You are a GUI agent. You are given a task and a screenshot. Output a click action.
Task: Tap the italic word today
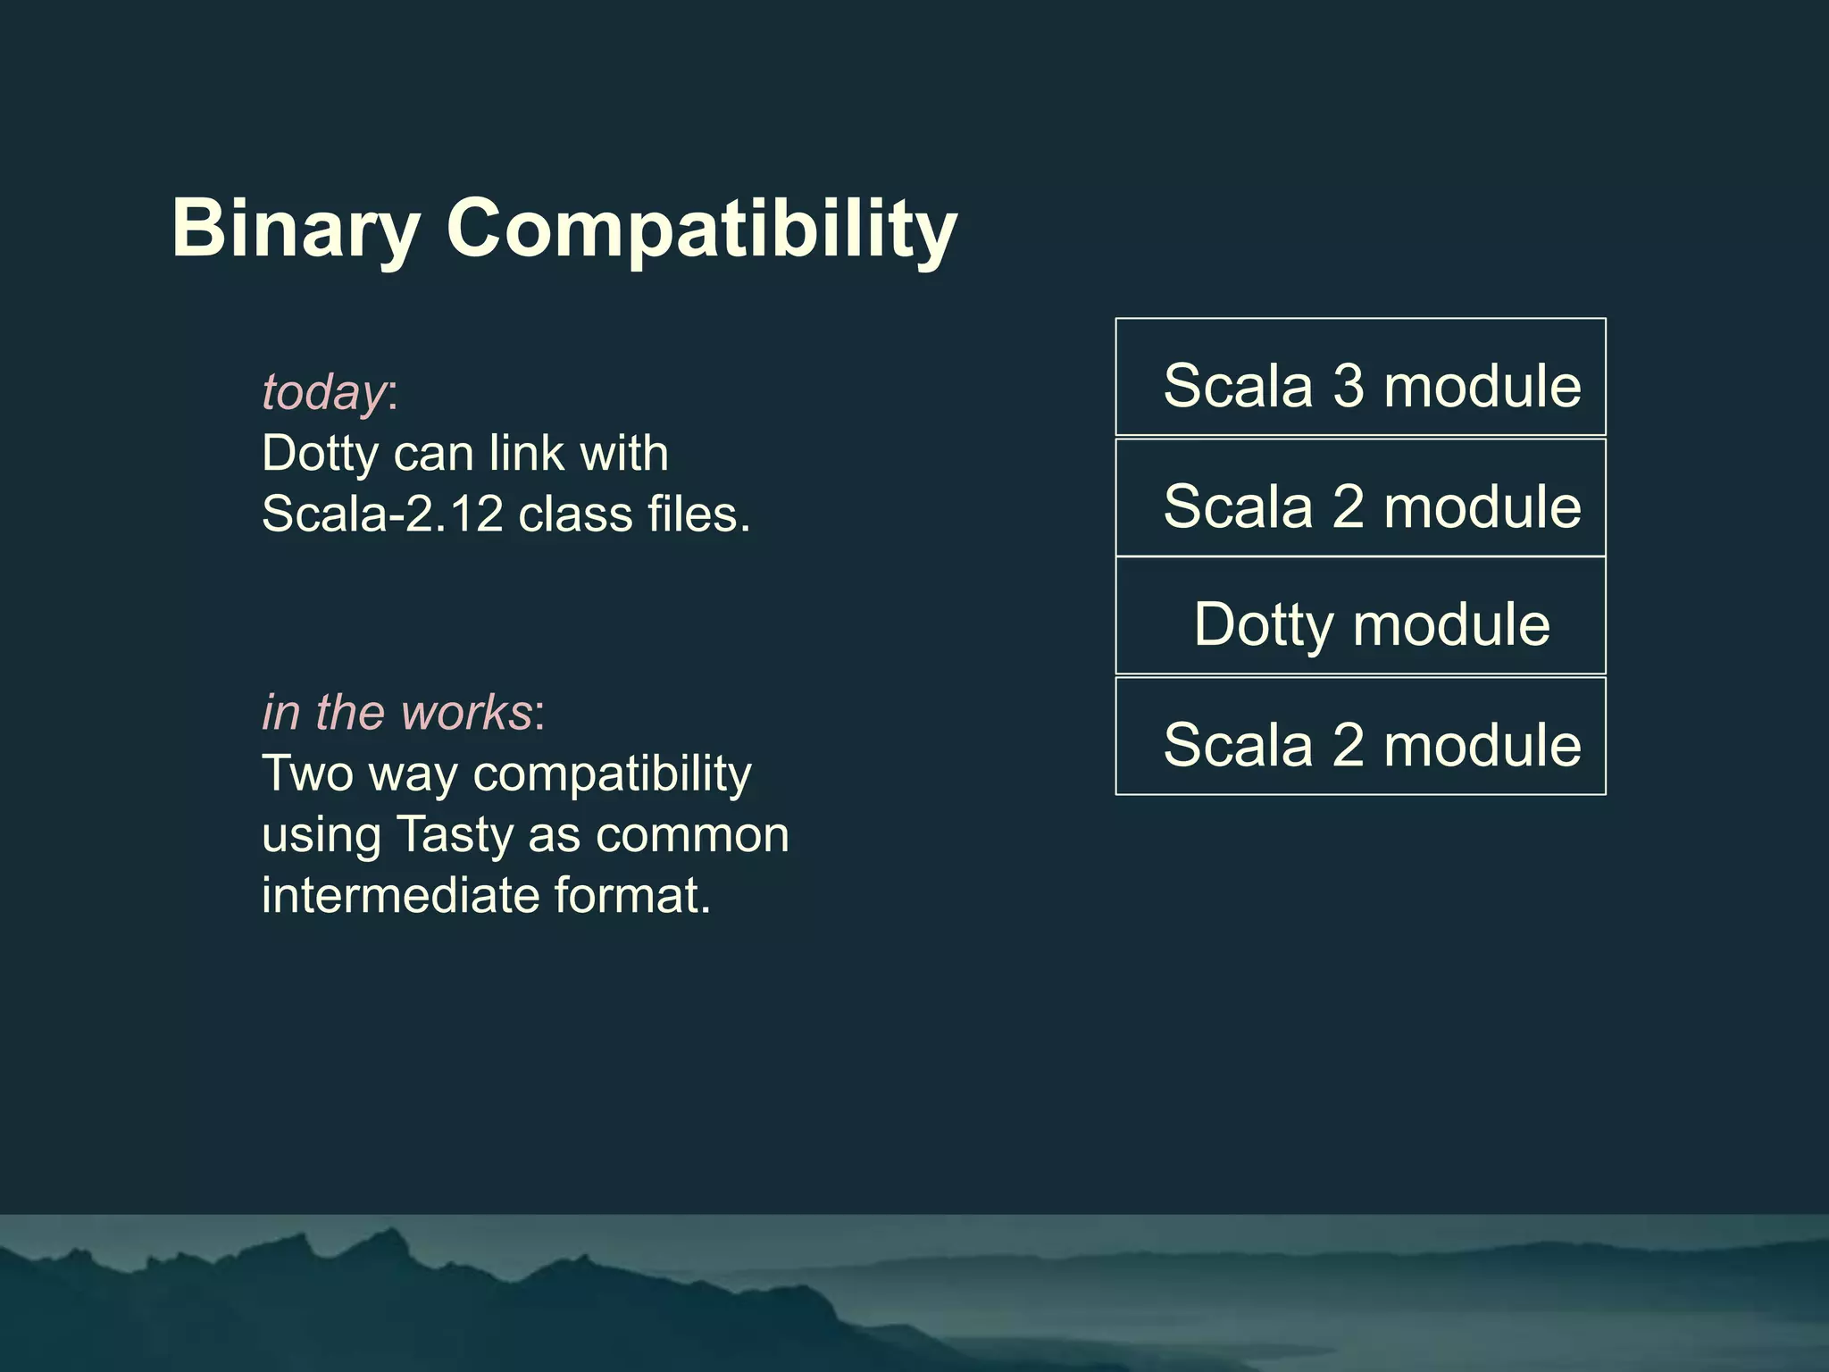323,392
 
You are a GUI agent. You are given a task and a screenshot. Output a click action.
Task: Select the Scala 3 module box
1360,377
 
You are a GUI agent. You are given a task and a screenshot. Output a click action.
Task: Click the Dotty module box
1360,616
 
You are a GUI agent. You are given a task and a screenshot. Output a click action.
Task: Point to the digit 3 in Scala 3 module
1349,386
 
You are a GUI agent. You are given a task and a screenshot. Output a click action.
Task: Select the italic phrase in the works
397,712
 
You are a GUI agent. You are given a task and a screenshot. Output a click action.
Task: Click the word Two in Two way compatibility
308,773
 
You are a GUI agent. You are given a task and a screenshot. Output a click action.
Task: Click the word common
692,834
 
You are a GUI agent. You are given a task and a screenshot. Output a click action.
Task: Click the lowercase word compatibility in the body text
612,774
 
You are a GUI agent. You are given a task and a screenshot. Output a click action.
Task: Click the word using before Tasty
322,836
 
